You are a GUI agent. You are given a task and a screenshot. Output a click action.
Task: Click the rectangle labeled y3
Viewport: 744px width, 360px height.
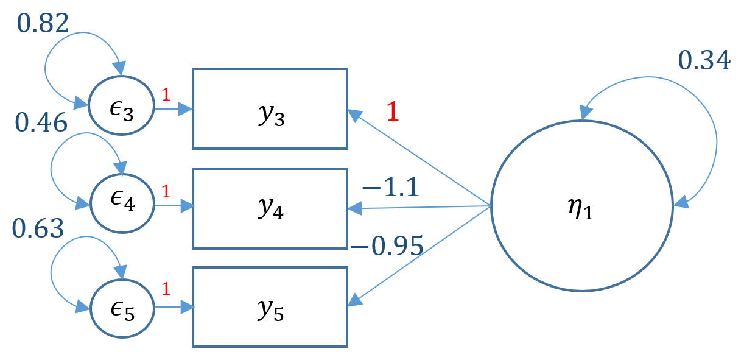click(x=270, y=108)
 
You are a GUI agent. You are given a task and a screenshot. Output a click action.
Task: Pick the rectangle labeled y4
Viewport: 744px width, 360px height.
click(x=270, y=209)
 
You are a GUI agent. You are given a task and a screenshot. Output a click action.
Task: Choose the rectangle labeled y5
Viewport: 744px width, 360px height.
click(x=270, y=307)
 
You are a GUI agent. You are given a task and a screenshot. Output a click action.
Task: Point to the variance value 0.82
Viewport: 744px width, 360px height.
click(x=43, y=23)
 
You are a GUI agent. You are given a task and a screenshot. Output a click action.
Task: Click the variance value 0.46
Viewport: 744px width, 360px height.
click(x=41, y=123)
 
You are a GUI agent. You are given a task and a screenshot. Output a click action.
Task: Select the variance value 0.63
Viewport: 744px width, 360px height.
click(x=37, y=229)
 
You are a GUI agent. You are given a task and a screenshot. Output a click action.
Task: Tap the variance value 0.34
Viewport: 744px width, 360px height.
click(x=704, y=62)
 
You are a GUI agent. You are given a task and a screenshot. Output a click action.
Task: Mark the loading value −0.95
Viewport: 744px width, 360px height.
click(x=387, y=245)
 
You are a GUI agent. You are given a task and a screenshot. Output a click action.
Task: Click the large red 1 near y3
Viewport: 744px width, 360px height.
click(x=393, y=111)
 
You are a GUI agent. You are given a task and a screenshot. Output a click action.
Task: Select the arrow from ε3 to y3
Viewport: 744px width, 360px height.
click(x=173, y=110)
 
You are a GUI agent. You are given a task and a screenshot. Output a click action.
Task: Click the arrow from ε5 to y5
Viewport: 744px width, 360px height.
click(x=174, y=307)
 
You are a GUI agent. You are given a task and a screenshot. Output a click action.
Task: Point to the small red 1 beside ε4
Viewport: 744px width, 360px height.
click(x=165, y=192)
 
